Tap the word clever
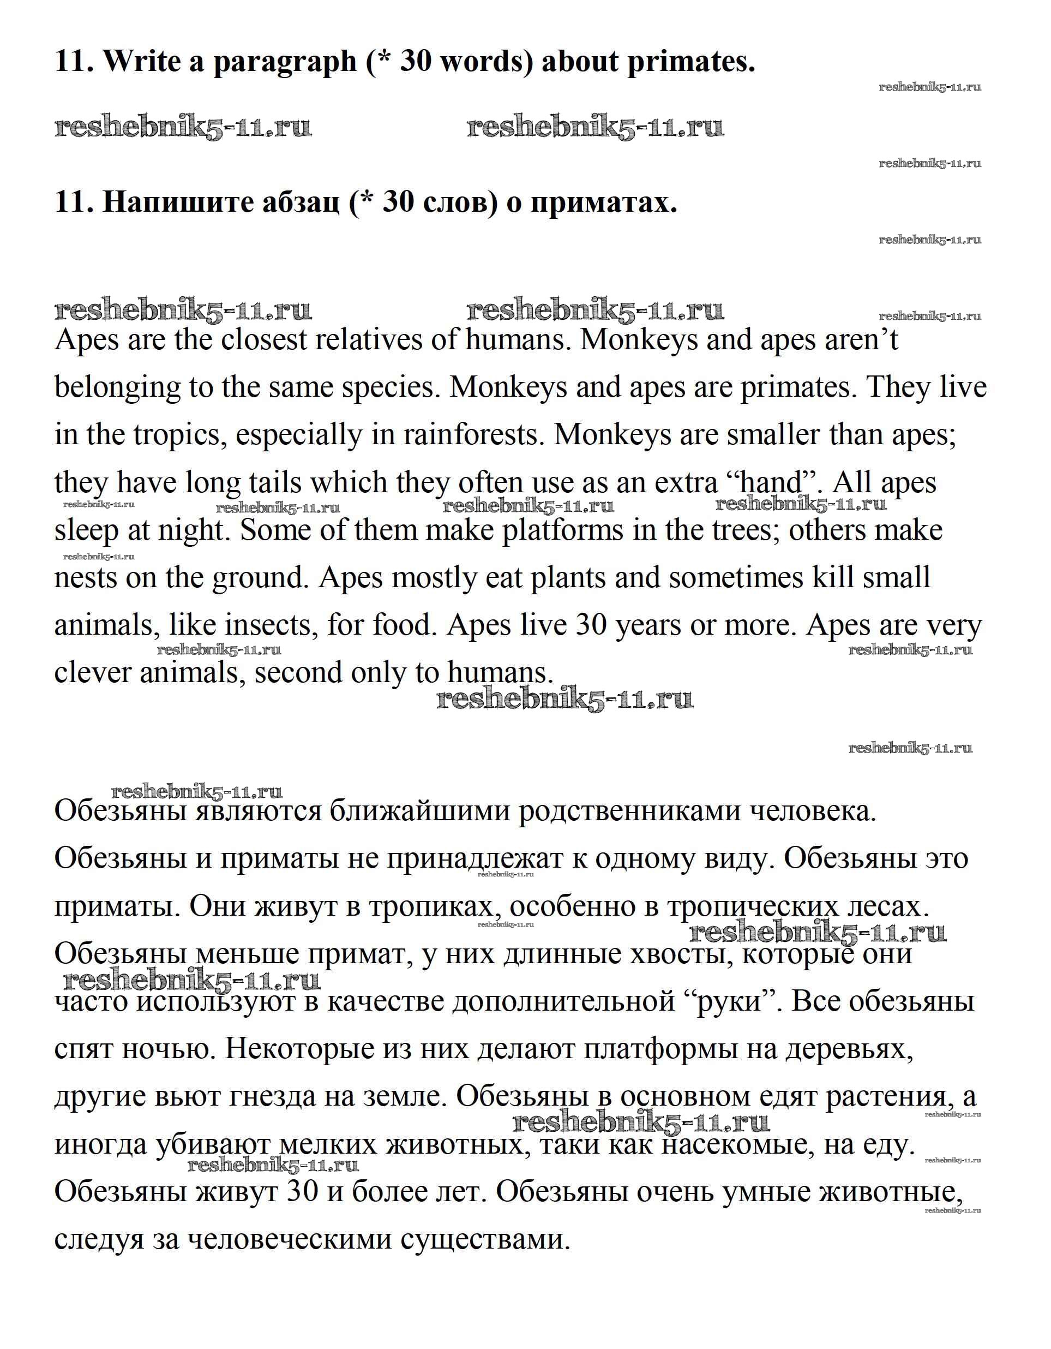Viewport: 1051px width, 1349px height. pyautogui.click(x=93, y=672)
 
